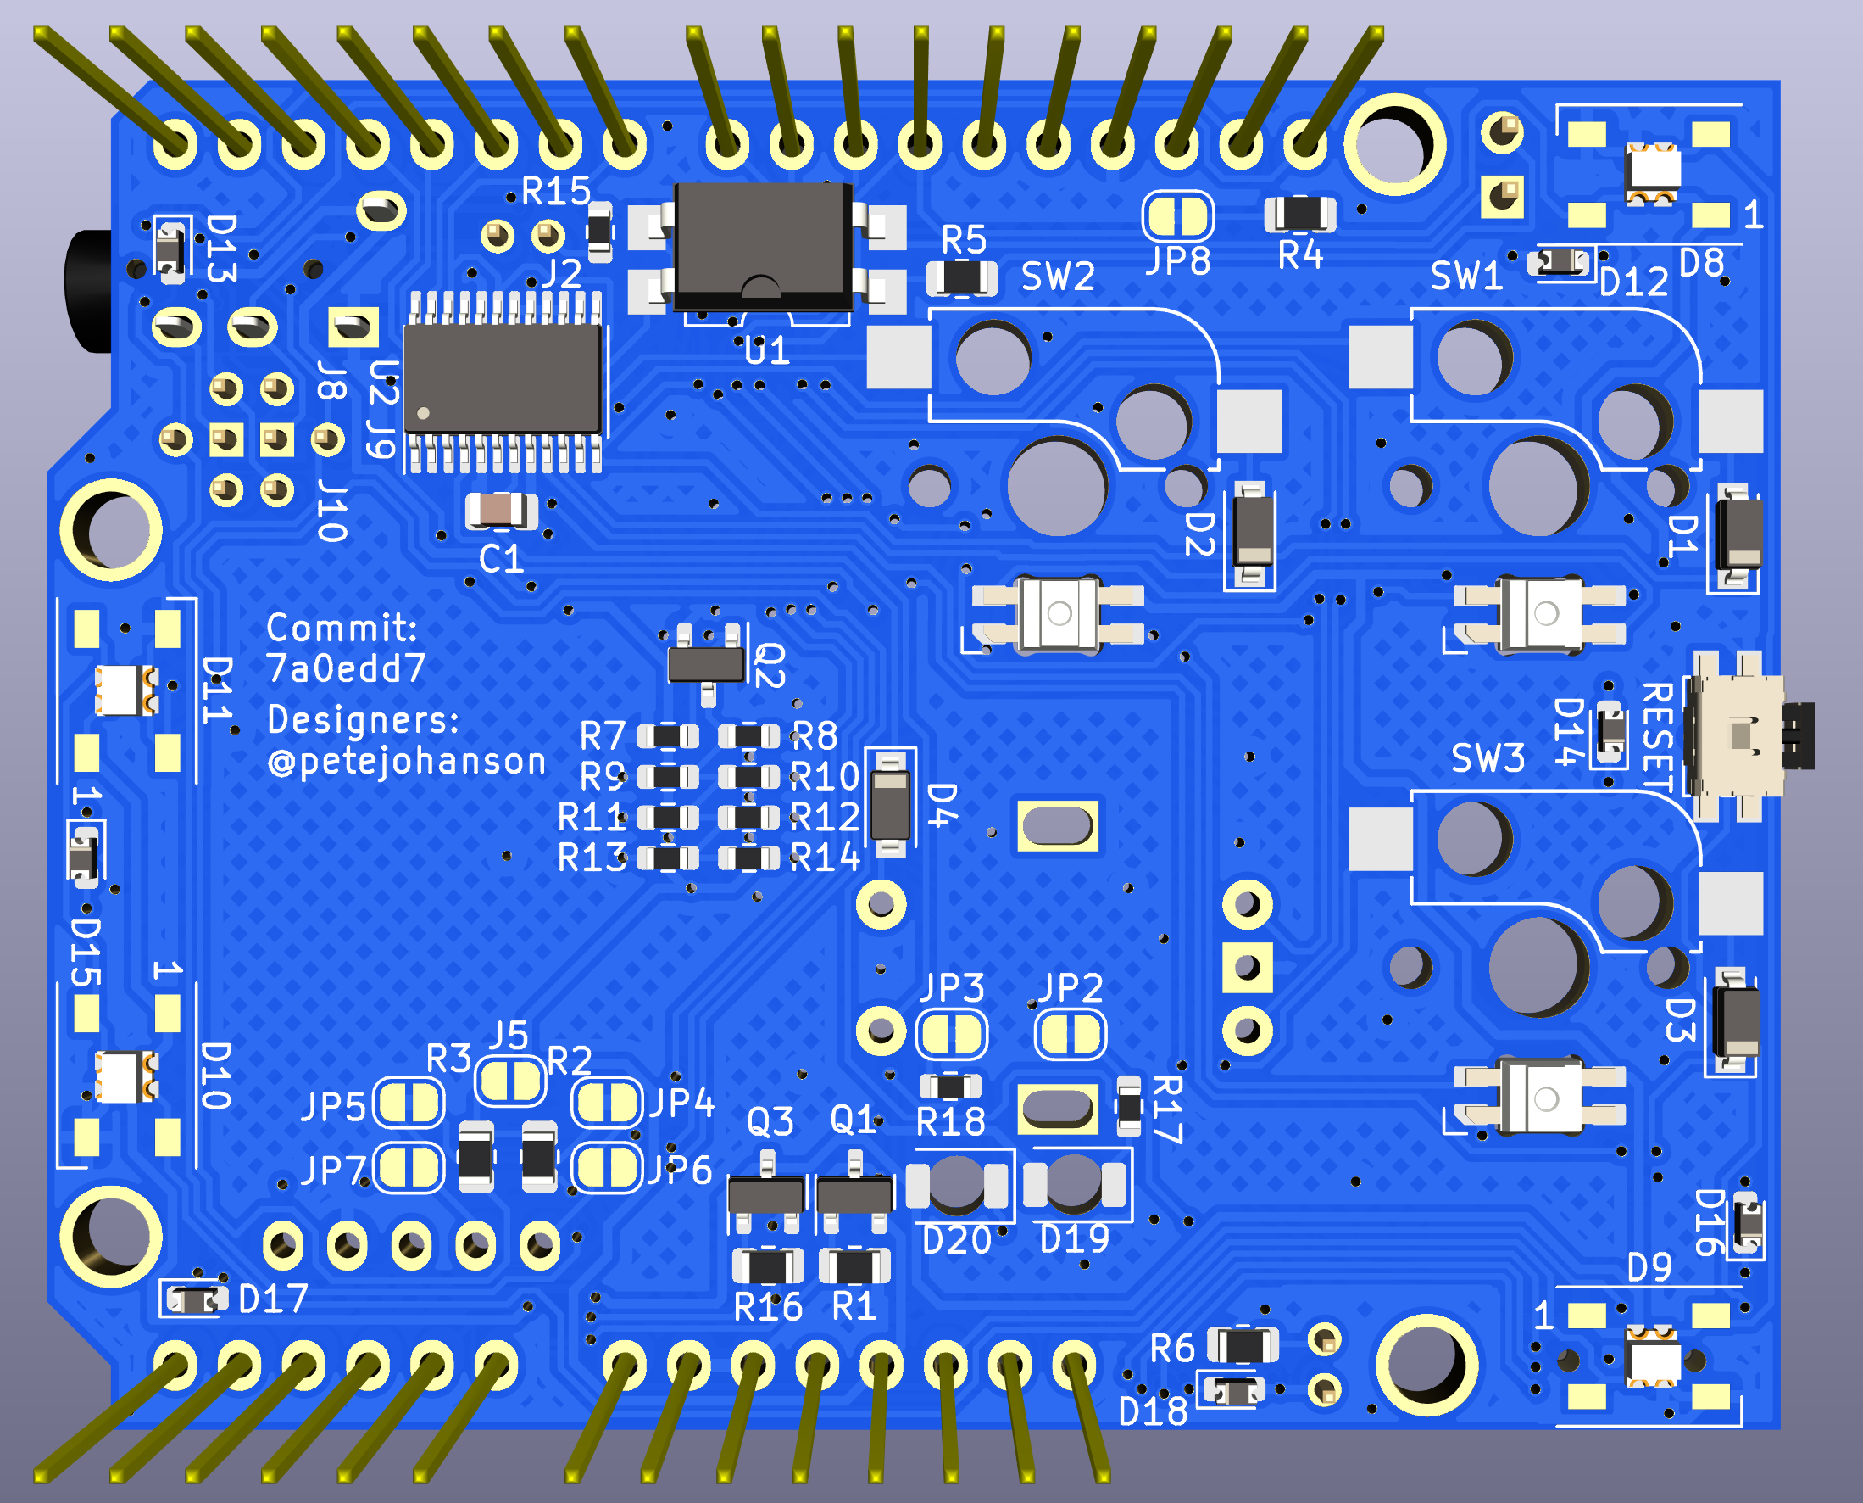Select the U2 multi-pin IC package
coord(503,378)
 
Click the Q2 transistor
coord(706,663)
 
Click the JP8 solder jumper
coord(1177,215)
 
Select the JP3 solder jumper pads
coord(951,1034)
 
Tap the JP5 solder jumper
coord(409,1103)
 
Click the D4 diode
coord(889,803)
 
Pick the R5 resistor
coord(961,277)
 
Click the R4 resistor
coord(1299,214)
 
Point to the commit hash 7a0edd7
coord(345,668)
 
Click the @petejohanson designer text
coord(407,762)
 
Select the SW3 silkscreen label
coord(1488,758)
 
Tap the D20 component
coord(956,1183)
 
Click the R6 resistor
coord(1243,1345)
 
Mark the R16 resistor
coord(768,1266)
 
